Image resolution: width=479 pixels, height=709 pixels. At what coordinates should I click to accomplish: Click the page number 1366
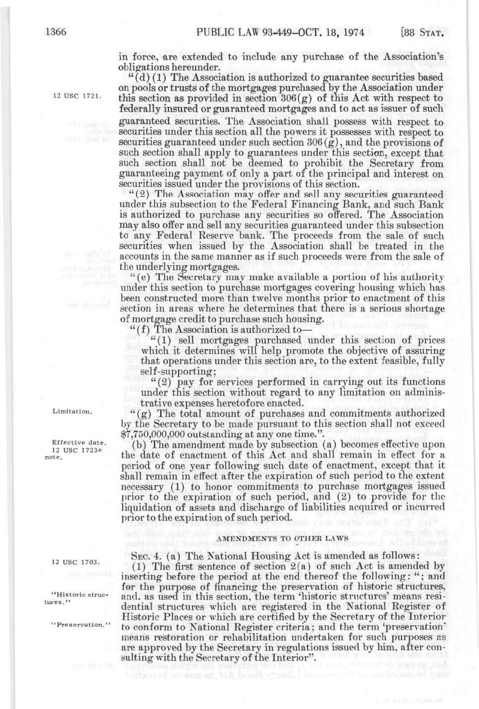(x=55, y=33)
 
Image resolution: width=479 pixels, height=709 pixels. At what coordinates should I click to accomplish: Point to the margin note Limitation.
(x=72, y=411)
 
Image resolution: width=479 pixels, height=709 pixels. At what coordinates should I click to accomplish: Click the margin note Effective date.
(x=79, y=443)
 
